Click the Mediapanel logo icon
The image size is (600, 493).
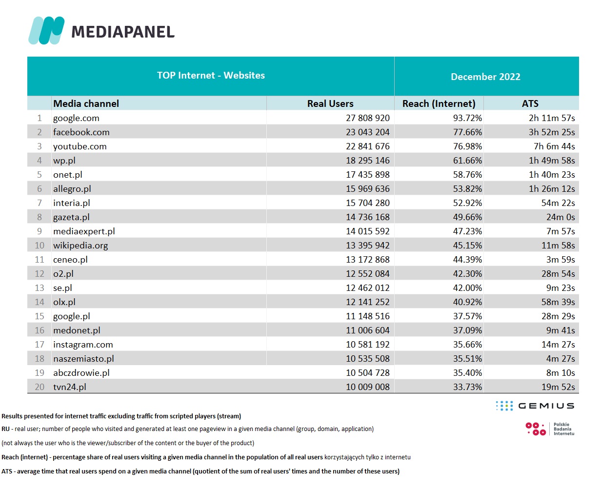point(46,30)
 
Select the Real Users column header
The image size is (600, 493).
point(330,103)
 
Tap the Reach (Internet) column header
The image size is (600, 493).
point(439,103)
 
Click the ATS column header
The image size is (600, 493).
point(530,103)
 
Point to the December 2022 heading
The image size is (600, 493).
point(485,77)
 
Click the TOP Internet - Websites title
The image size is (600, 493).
point(211,75)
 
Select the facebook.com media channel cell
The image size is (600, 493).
point(81,132)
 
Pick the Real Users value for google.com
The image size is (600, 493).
point(368,118)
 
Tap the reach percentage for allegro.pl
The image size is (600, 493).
point(467,189)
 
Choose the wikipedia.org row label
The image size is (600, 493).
point(80,246)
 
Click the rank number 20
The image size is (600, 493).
point(40,387)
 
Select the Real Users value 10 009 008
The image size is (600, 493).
point(368,387)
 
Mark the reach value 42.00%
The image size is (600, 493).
point(467,288)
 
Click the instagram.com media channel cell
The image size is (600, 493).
point(83,345)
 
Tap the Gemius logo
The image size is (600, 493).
point(535,406)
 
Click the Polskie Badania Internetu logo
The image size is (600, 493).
point(550,429)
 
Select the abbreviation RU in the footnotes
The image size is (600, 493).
point(5,429)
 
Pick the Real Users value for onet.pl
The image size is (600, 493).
point(368,175)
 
